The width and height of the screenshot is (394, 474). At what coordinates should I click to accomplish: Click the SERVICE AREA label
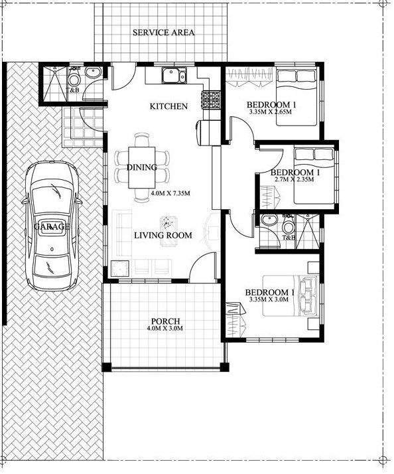(x=163, y=32)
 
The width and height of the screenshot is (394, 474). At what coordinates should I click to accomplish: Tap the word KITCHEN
(x=168, y=106)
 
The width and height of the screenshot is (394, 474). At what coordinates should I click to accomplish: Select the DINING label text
(x=141, y=167)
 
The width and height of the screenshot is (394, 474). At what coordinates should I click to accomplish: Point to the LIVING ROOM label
(x=163, y=235)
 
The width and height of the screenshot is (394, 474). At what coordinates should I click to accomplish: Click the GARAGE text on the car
(x=52, y=227)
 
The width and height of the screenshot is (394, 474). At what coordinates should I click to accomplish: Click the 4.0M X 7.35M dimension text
(x=170, y=193)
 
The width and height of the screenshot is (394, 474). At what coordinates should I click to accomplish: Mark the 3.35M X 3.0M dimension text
(x=269, y=300)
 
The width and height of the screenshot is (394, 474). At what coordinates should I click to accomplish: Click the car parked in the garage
(x=52, y=226)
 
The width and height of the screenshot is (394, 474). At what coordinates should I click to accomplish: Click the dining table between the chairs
(x=143, y=167)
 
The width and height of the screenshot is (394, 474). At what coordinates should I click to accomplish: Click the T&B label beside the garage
(x=74, y=90)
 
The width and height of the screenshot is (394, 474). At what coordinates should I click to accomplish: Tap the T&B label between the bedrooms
(x=289, y=237)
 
